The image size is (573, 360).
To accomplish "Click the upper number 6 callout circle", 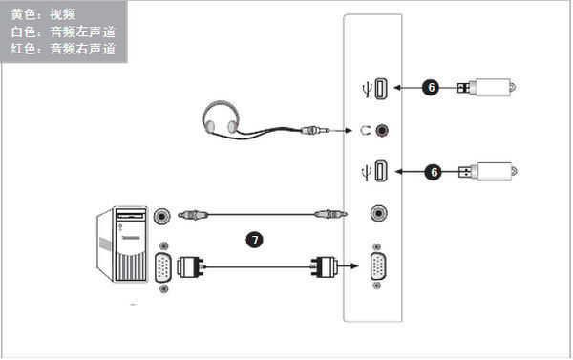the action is tap(431, 87).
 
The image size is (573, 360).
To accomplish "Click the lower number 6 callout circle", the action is tap(434, 172).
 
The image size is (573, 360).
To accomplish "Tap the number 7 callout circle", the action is tap(255, 240).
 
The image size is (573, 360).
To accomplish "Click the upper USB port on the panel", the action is tap(381, 89).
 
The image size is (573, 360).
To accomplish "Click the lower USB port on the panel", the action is tap(381, 171).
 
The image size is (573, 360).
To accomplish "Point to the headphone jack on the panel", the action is tap(382, 130).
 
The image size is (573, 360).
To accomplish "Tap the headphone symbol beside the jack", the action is tap(366, 130).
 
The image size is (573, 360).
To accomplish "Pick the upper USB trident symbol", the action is tap(368, 90).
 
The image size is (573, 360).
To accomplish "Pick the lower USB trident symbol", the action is tap(366, 173).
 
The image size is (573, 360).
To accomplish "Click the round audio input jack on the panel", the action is tap(379, 213).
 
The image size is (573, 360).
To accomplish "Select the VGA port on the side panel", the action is tap(378, 266).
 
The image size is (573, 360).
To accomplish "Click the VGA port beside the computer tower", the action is tap(163, 268).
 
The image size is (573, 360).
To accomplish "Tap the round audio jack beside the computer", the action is tap(162, 216).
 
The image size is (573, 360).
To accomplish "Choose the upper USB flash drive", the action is tap(486, 87).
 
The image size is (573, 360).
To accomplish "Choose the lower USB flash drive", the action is tap(488, 172).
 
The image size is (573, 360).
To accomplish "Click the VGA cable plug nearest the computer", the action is tap(190, 266).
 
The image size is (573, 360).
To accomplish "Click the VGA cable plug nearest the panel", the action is tap(324, 266).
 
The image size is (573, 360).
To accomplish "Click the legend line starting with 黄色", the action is tap(43, 14).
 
